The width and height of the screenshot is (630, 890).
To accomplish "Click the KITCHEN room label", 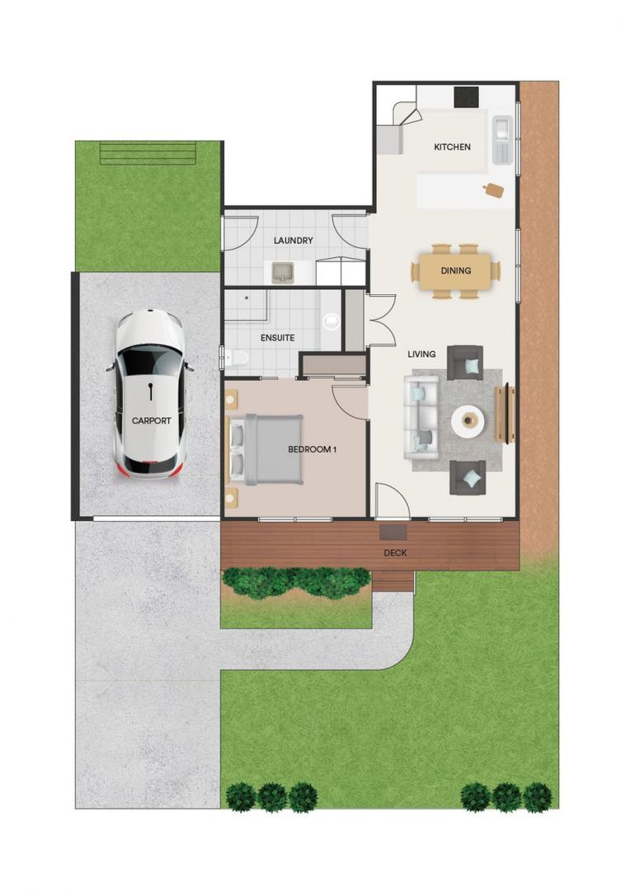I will click(x=452, y=148).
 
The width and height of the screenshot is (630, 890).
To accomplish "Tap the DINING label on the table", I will click(x=455, y=270).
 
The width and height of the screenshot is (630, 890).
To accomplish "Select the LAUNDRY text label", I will click(x=293, y=241).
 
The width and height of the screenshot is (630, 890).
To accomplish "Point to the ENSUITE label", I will click(x=277, y=338).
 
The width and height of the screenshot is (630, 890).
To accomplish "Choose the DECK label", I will click(x=396, y=553).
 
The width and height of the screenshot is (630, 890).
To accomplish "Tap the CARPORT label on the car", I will click(x=152, y=420).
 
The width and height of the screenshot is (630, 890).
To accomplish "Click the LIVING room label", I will click(x=421, y=354).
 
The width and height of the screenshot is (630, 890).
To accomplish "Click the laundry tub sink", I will click(x=283, y=271).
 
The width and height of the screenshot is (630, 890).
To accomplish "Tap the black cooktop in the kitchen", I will click(x=467, y=96).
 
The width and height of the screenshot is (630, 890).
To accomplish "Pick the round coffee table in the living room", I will click(x=468, y=421).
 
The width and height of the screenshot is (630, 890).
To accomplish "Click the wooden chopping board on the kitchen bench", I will click(x=494, y=190).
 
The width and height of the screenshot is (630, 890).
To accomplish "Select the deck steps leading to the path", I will click(x=393, y=582).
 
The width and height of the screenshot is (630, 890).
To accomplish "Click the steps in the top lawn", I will click(x=148, y=152).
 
